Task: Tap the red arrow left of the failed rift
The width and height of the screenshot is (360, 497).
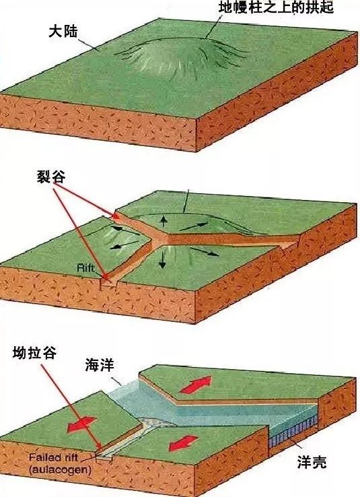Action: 79,424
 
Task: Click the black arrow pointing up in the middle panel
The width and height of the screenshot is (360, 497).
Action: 162,222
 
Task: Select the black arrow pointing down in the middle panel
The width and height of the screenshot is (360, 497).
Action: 162,261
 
